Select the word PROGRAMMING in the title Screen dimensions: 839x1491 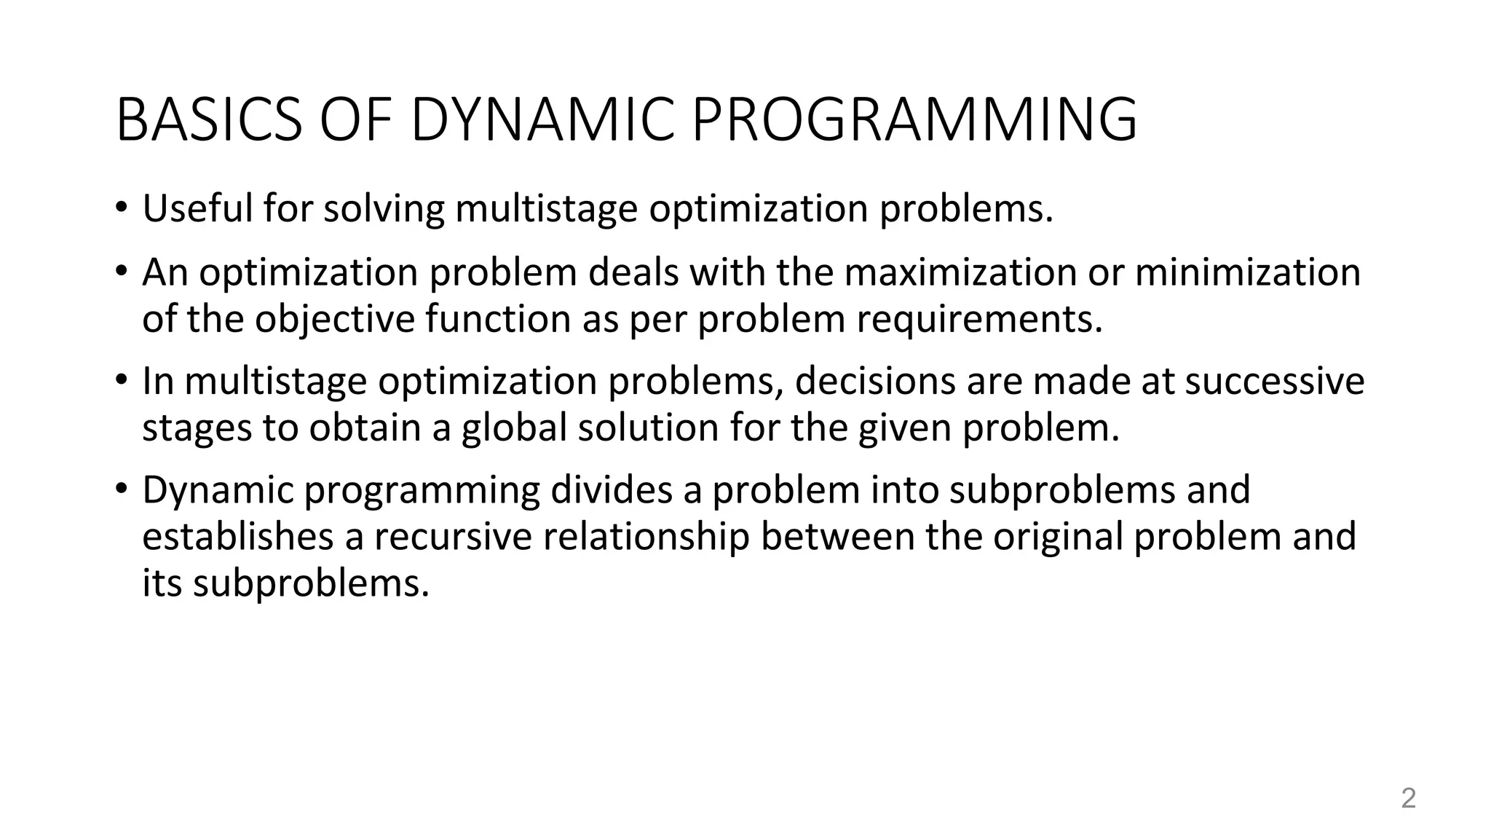click(x=914, y=120)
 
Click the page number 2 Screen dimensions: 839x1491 click(x=1408, y=799)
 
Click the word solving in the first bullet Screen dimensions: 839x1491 click(x=384, y=208)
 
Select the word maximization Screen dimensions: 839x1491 click(x=960, y=272)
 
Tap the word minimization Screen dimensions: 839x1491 click(x=1247, y=272)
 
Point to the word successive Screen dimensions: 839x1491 click(x=1274, y=381)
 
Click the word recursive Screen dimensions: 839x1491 click(x=453, y=536)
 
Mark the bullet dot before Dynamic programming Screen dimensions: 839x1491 click(x=121, y=489)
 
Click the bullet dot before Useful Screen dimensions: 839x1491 click(x=121, y=208)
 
